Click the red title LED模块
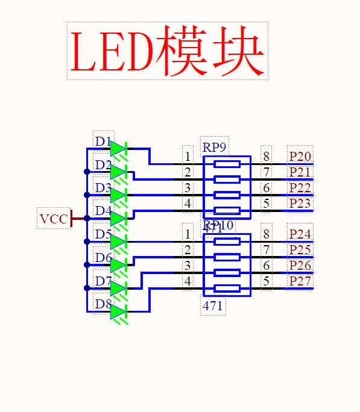click(168, 51)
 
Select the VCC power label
click(54, 219)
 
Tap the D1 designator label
click(103, 142)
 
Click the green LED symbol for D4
click(118, 219)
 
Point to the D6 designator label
click(103, 258)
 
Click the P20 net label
click(300, 157)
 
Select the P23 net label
click(300, 204)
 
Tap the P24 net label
click(300, 234)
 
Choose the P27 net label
click(300, 281)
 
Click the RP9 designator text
click(215, 146)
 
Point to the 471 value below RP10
click(213, 306)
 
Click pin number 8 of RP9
click(266, 157)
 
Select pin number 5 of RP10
click(266, 281)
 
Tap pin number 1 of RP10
click(188, 234)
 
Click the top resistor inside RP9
click(227, 164)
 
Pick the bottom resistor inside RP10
click(227, 289)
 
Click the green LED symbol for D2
click(118, 172)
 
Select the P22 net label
click(300, 188)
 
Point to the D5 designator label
click(103, 235)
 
